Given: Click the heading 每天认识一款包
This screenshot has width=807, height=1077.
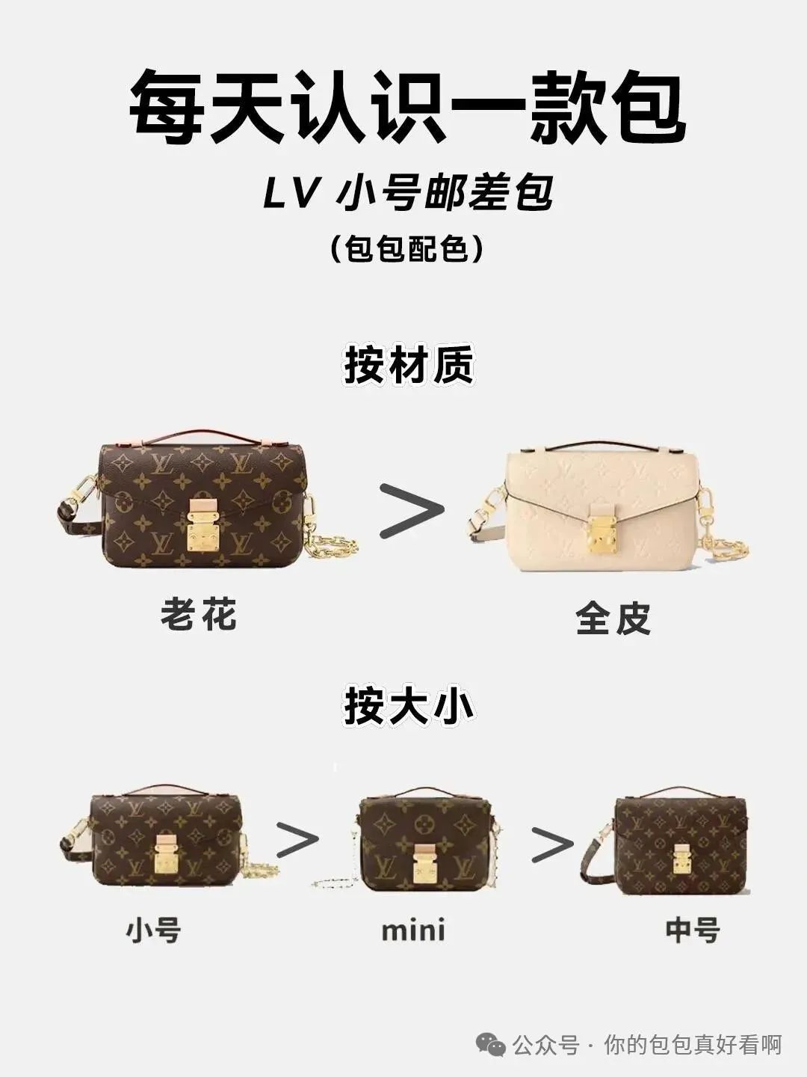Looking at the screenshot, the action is (406, 108).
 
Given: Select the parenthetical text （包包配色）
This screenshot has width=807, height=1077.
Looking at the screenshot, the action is (406, 249).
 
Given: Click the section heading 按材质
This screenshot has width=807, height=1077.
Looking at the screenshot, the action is (408, 365).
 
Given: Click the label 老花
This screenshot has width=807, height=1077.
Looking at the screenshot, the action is (199, 614).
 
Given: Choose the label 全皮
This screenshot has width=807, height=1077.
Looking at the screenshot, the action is (613, 618).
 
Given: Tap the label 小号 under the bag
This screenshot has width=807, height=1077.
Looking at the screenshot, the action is (153, 931).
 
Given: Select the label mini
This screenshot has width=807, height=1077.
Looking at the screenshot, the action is (413, 930).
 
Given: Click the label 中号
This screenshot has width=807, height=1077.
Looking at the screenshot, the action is (693, 931).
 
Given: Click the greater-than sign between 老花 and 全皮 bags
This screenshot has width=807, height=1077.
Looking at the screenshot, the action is (412, 510).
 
